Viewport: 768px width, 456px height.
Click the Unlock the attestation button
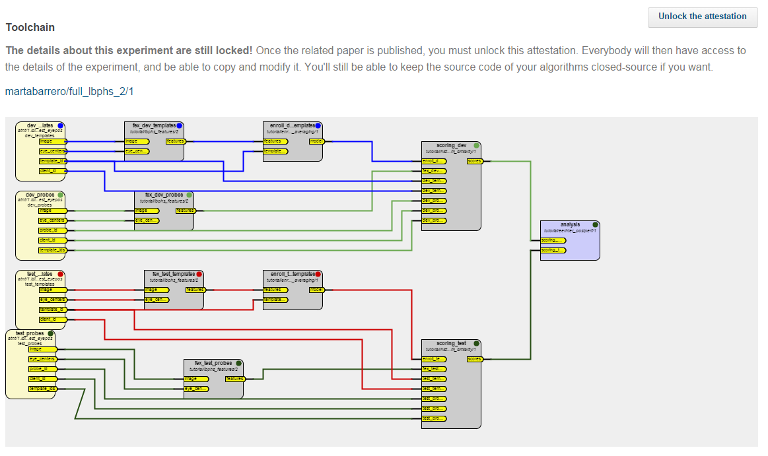click(x=702, y=16)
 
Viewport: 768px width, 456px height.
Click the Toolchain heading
click(x=30, y=28)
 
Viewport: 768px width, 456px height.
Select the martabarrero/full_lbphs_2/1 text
click(x=69, y=91)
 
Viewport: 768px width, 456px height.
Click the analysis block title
click(x=569, y=224)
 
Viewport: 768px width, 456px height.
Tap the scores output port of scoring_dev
click(x=474, y=161)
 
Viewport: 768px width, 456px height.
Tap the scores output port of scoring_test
click(x=474, y=359)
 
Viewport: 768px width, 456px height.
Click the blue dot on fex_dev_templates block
click(x=179, y=125)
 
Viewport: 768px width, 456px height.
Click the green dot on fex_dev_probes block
click(x=190, y=195)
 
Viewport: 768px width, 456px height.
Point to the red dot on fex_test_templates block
click(x=199, y=274)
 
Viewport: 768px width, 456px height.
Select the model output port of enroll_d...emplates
click(x=316, y=141)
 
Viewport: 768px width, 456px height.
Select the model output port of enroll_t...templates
click(x=316, y=290)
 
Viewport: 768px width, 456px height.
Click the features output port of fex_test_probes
click(x=234, y=379)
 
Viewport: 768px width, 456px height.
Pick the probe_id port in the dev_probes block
click(x=52, y=230)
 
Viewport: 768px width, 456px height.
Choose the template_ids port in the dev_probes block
click(x=52, y=250)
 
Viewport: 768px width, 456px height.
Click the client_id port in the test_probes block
click(x=42, y=379)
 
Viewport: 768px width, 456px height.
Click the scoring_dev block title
click(x=451, y=145)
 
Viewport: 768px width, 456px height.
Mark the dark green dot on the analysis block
click(x=595, y=224)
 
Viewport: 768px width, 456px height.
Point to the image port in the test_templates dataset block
click(x=52, y=290)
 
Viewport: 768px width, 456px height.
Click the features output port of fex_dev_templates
click(x=176, y=141)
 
